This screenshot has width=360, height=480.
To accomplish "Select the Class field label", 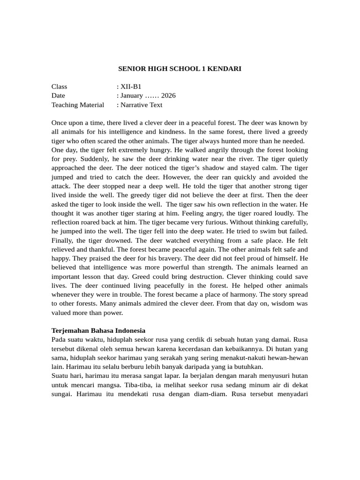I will tap(60, 87).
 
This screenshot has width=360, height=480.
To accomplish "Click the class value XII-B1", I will tap(130, 87).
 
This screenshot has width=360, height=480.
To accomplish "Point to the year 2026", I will tap(168, 96).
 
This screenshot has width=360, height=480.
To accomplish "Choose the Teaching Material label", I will tap(78, 105).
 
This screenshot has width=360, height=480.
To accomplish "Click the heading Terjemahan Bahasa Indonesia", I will tap(98, 330).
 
